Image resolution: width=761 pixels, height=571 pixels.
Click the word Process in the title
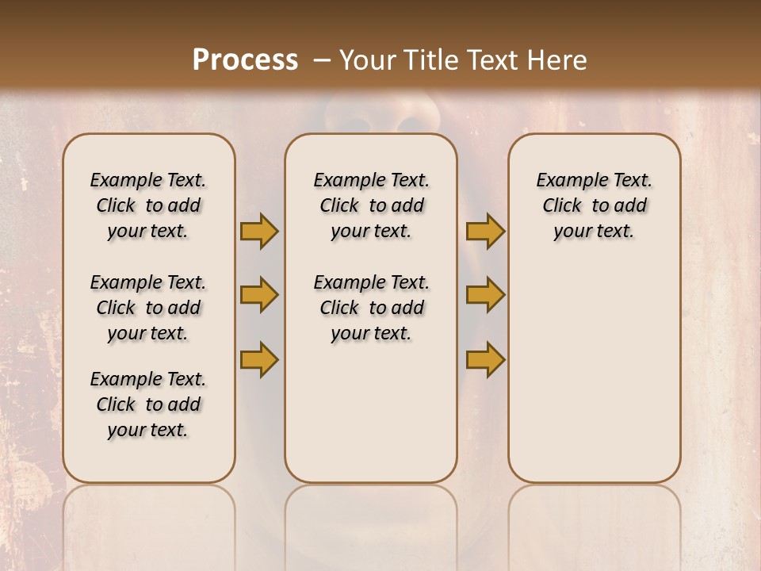(x=245, y=60)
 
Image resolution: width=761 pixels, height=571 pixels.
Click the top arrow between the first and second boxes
(x=259, y=232)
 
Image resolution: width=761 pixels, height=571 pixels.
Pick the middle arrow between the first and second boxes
(x=259, y=296)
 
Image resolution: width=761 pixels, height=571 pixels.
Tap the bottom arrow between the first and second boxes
(x=259, y=359)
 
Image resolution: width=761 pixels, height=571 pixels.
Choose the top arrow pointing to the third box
(x=485, y=232)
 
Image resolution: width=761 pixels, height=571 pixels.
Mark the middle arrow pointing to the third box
(x=485, y=296)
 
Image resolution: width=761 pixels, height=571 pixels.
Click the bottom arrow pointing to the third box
(x=485, y=359)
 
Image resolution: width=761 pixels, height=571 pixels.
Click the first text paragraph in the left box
(x=148, y=205)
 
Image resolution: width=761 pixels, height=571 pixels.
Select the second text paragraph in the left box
(x=148, y=308)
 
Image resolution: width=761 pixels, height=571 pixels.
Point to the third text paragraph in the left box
(x=148, y=404)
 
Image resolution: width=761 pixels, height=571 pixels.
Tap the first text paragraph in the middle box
(x=371, y=205)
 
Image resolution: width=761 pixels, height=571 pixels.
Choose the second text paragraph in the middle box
(x=371, y=308)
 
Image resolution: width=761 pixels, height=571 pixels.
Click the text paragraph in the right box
(x=595, y=205)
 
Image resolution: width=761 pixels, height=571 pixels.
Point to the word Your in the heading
(x=364, y=60)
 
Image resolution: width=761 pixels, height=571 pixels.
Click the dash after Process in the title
(x=322, y=60)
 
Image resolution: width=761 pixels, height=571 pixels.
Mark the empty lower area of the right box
(x=595, y=373)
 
